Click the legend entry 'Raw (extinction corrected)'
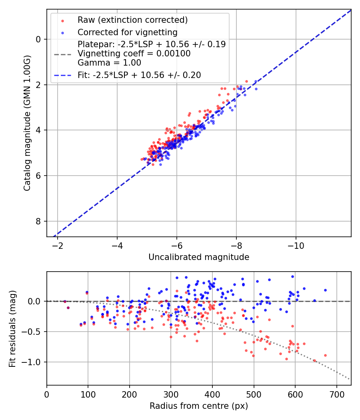coord(132,20)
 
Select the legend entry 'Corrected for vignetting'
coord(127,32)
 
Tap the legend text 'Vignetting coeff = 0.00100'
coord(134,53)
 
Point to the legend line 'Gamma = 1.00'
coord(109,62)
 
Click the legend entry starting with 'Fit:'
coord(139,75)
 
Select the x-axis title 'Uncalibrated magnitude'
coord(199,257)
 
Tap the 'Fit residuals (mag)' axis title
coord(12,328)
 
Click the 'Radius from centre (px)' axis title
coord(199,406)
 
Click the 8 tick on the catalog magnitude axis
coord(38,221)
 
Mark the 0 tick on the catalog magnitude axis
coord(38,39)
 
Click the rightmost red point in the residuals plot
coord(325,355)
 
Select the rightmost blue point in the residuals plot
coord(325,290)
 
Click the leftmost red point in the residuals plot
coord(65,301)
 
